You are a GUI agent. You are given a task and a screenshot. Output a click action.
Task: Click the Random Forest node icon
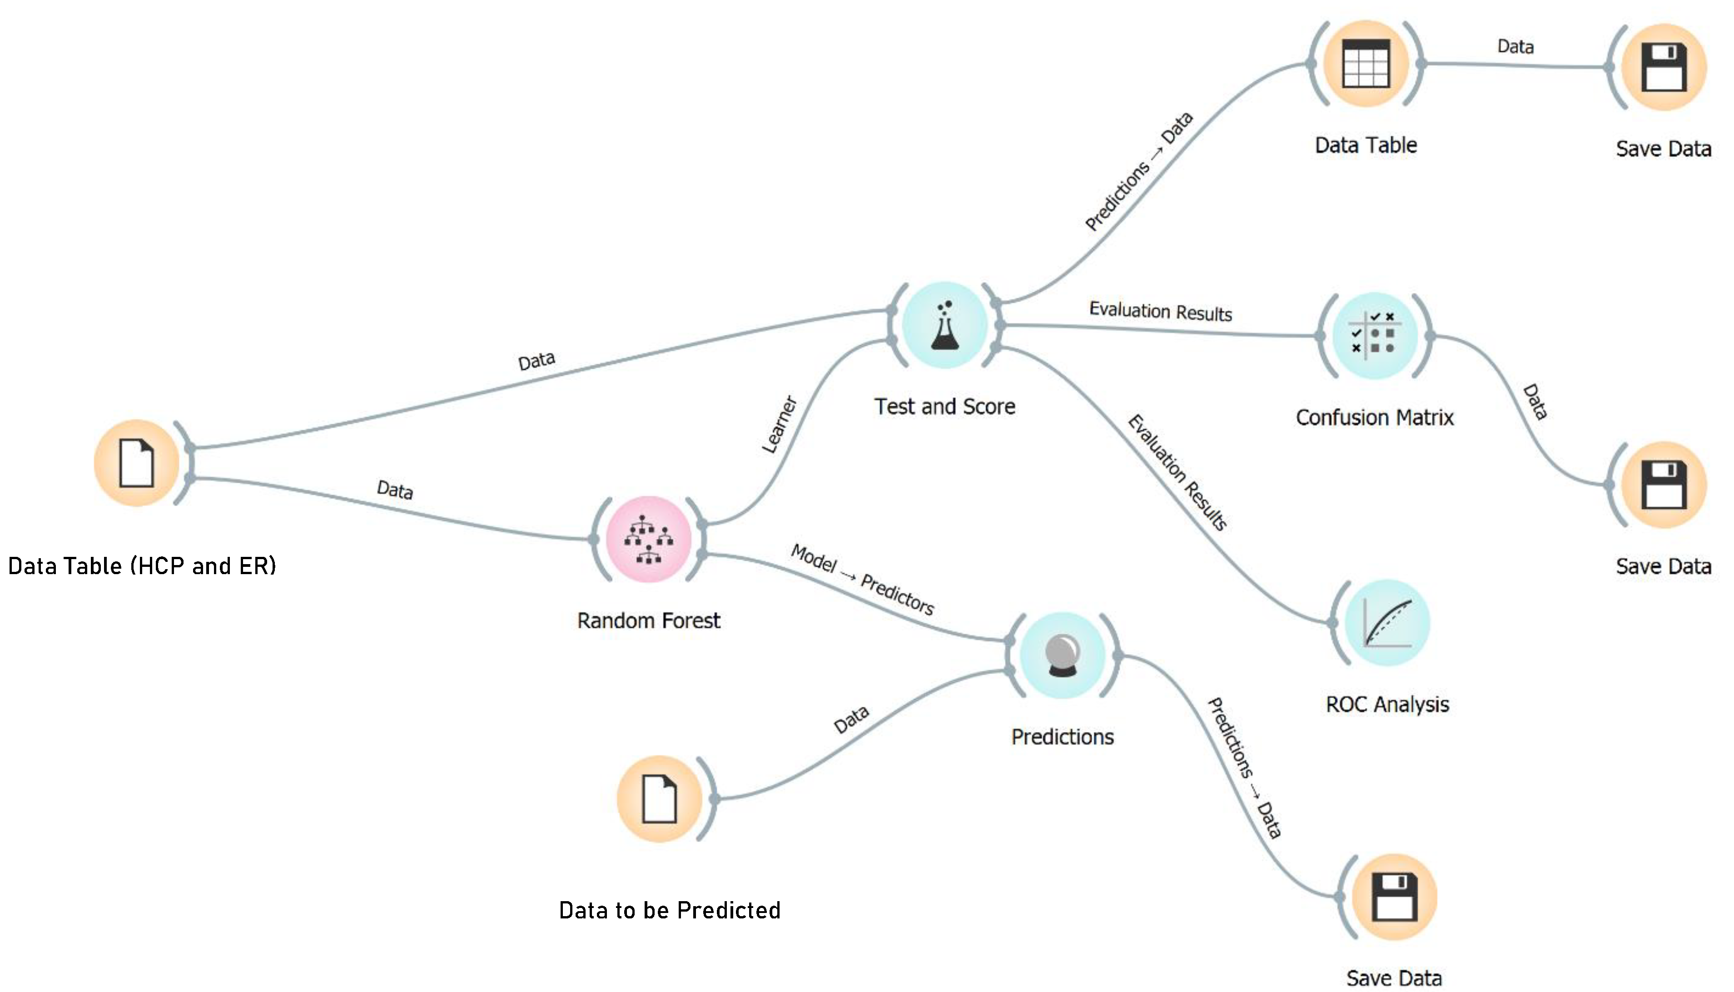click(649, 539)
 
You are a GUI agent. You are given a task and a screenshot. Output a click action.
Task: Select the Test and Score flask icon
click(944, 325)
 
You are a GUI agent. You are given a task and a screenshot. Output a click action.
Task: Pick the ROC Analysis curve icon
click(1387, 622)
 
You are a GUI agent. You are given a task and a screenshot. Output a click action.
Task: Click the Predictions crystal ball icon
click(1062, 655)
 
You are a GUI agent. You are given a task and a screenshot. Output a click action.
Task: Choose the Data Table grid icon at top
click(1366, 64)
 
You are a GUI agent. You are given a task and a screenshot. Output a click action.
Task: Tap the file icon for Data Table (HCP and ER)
click(136, 463)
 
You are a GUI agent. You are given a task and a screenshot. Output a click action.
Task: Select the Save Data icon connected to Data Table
click(1664, 67)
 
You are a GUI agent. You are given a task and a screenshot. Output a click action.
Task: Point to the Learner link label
click(779, 424)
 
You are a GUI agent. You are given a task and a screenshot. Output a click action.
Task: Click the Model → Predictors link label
click(862, 580)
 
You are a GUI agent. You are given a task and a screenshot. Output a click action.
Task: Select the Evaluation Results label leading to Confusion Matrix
click(1160, 312)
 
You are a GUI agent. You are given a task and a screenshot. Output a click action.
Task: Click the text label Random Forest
click(649, 620)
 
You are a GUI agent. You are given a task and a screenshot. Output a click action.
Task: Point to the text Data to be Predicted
click(670, 910)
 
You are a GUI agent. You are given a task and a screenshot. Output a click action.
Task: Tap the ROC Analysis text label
click(1387, 704)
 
